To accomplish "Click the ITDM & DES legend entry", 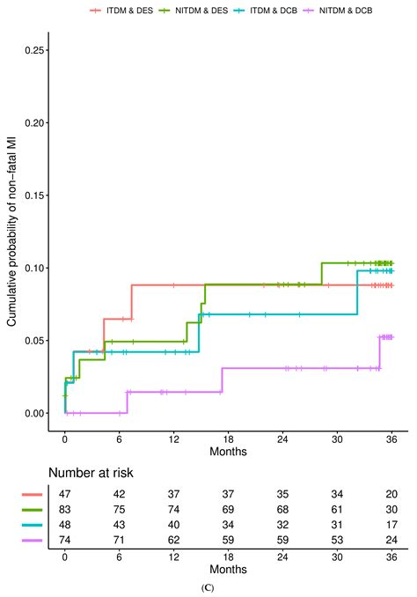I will coord(118,10).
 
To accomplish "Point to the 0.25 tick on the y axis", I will coord(41,50).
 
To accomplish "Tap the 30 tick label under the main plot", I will coord(331,438).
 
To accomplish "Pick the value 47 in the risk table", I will coord(65,496).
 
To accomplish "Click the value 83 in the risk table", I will coord(65,511).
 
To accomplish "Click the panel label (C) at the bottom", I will coord(208,587).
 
